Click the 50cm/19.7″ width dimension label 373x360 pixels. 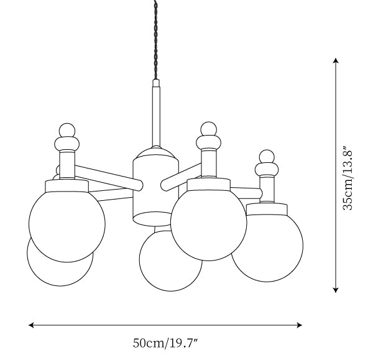click(165, 343)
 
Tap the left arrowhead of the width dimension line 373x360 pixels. click(32, 325)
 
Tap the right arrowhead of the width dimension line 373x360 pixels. click(299, 325)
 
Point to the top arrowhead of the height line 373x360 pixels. click(336, 61)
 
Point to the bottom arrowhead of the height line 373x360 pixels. click(336, 290)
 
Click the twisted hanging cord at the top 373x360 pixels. click(156, 40)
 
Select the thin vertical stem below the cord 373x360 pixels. click(156, 113)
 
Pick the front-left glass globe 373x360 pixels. click(67, 224)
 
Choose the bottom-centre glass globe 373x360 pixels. click(170, 259)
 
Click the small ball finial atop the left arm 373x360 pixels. click(67, 131)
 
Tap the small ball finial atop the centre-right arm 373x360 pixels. click(209, 130)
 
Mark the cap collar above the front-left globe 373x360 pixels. click(67, 186)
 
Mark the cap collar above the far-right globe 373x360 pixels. click(266, 209)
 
